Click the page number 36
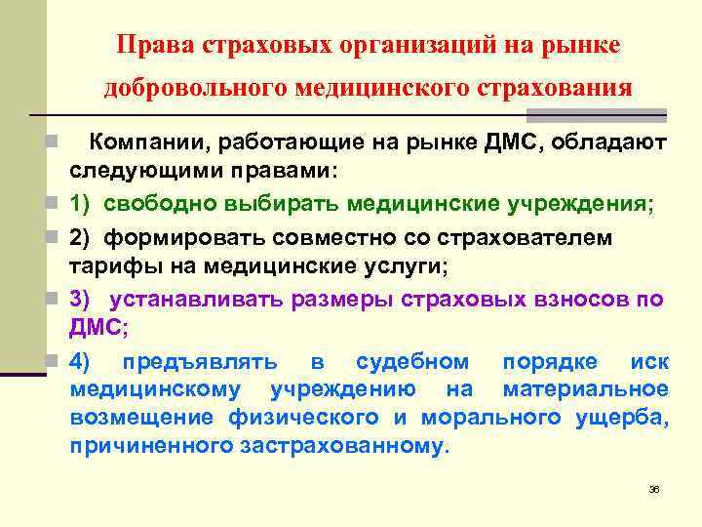654,488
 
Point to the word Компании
141,143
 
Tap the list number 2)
81,236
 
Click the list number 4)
81,362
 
